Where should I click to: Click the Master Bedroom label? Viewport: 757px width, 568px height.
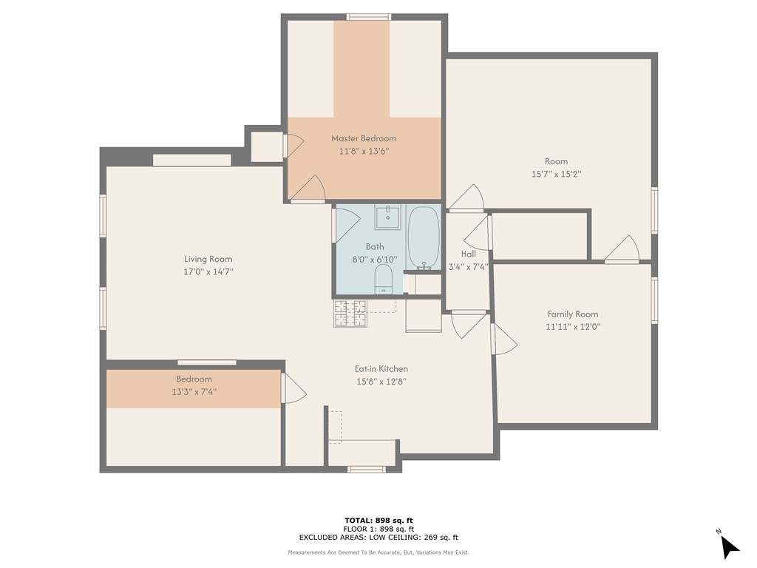pos(364,138)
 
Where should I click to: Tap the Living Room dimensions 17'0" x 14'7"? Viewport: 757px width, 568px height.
pos(208,272)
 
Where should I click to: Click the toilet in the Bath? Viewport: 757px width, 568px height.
pos(383,280)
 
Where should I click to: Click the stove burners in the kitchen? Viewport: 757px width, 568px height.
pos(350,314)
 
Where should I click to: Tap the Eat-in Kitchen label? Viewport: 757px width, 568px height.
pos(381,369)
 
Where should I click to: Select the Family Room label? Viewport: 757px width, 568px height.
pos(572,314)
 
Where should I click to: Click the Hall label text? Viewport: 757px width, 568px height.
pos(468,254)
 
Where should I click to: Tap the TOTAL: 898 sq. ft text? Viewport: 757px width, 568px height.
pos(378,520)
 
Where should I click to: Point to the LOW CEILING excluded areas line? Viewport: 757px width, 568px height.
pos(378,538)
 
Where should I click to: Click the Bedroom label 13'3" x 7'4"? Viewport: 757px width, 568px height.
pos(194,385)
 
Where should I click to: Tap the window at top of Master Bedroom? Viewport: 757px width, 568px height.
pos(370,16)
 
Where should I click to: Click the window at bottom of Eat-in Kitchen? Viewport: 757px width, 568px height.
pos(367,469)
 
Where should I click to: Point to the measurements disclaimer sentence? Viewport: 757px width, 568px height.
pos(378,552)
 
